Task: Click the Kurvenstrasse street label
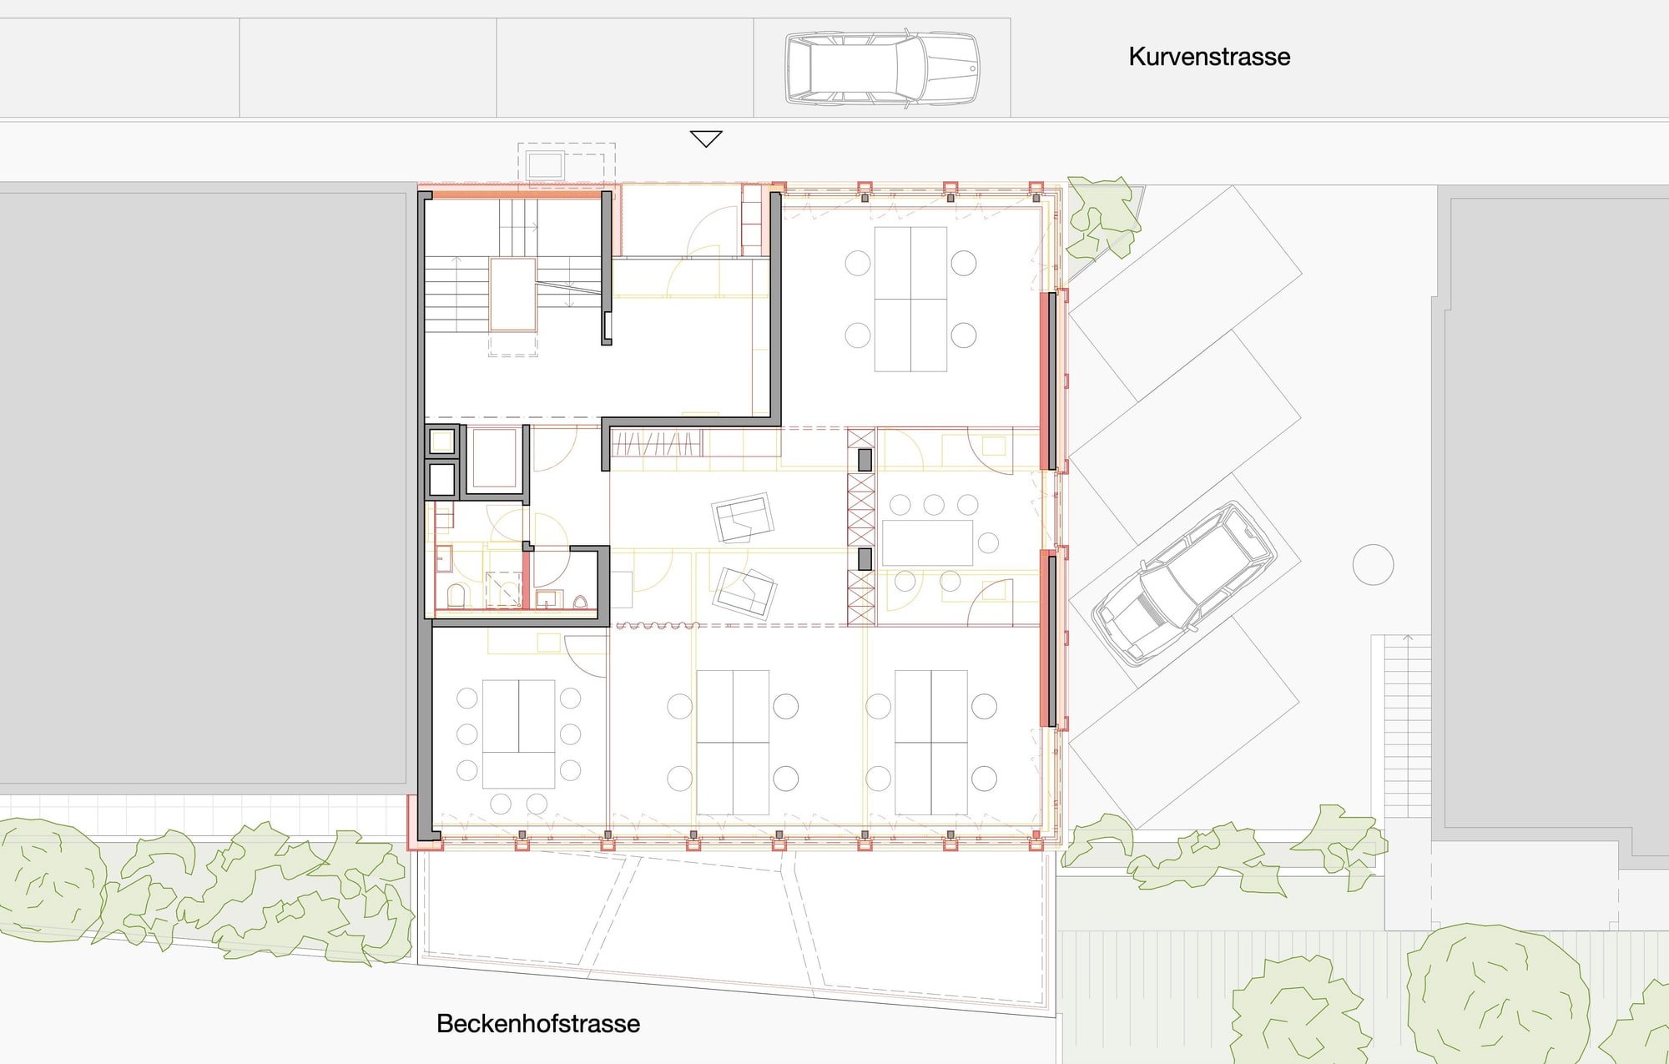point(1209,57)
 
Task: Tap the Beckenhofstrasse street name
point(538,1024)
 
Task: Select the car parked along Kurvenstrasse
point(882,68)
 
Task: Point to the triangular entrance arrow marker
point(706,139)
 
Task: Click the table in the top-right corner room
point(910,299)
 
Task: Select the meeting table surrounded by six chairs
point(927,542)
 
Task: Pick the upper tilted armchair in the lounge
point(742,517)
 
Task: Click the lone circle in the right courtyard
point(1373,565)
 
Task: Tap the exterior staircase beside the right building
point(1408,726)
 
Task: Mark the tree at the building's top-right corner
point(1103,217)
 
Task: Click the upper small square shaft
point(441,440)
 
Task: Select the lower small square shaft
point(441,480)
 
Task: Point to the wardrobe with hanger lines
point(656,443)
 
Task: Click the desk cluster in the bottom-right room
point(931,743)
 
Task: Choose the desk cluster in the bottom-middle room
point(733,743)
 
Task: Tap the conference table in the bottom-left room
point(518,734)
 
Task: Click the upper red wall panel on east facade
point(1048,381)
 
